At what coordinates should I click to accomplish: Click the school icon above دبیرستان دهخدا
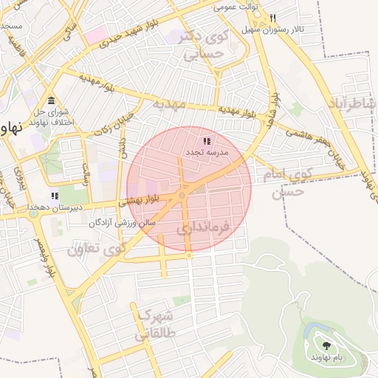tap(54, 196)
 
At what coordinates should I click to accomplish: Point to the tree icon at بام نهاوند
tap(325, 344)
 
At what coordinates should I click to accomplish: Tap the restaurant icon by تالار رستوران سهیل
tap(272, 18)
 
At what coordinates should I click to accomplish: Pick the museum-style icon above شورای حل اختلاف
tap(51, 100)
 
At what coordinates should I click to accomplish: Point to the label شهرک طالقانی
tap(154, 326)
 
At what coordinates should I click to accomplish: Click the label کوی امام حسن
tap(283, 183)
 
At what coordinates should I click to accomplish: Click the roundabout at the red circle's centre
tap(182, 196)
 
